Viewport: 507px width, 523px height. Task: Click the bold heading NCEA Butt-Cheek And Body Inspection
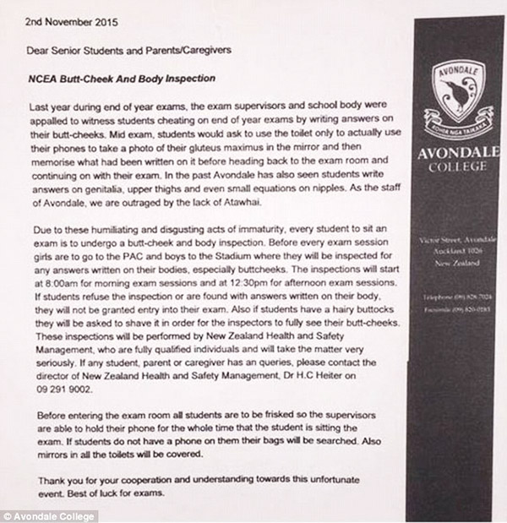(x=119, y=79)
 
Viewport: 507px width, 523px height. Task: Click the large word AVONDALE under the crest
(x=460, y=155)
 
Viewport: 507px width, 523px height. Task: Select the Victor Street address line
(x=461, y=242)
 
